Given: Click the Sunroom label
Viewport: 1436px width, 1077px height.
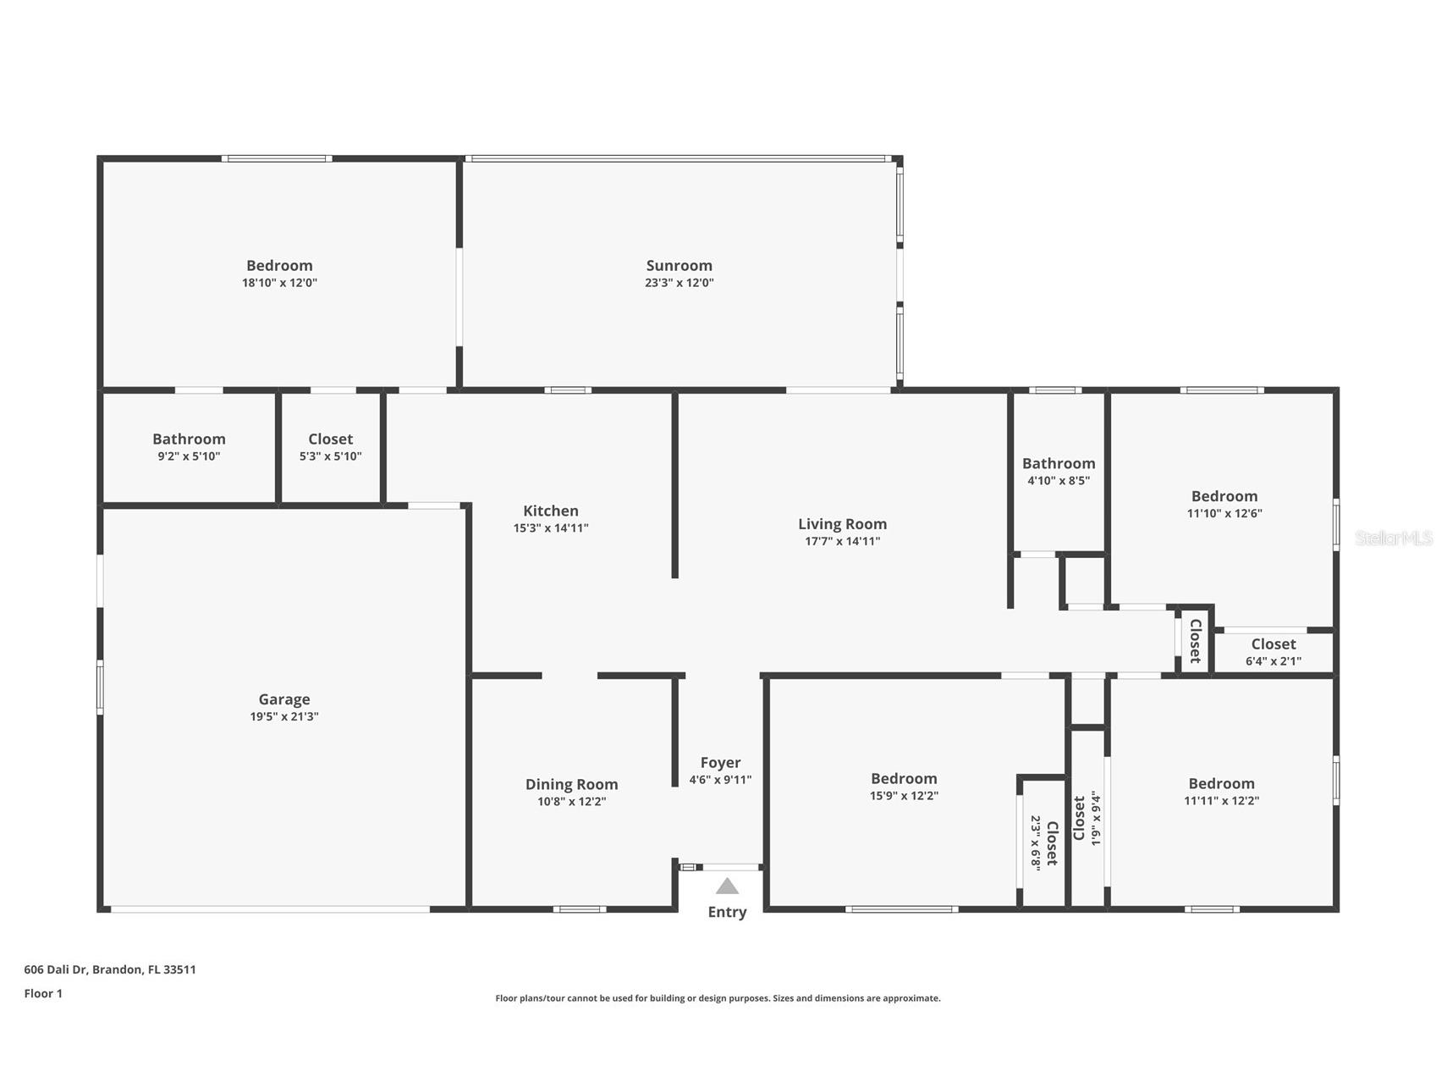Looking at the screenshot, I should click(x=679, y=266).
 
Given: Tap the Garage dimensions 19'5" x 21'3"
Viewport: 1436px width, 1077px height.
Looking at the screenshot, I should click(x=284, y=716).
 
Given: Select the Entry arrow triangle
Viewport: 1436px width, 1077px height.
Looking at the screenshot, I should click(x=727, y=886).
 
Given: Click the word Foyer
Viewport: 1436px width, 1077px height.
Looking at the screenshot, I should click(x=720, y=763).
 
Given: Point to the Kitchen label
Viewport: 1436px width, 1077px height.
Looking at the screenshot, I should click(x=551, y=511).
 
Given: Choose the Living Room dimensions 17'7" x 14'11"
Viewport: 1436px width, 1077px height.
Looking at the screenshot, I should click(x=842, y=541).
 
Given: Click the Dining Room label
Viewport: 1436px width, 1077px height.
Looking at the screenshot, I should click(x=571, y=784).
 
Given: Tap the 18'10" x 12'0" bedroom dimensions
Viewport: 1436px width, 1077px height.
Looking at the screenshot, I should click(x=279, y=283).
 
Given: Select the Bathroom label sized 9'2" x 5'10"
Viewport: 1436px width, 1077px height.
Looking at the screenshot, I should click(x=189, y=439).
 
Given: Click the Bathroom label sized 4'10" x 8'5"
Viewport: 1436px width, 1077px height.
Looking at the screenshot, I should click(x=1058, y=463).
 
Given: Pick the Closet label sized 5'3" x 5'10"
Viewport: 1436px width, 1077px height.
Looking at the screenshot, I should click(x=330, y=439).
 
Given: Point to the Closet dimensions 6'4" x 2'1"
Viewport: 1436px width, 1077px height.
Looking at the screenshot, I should click(x=1273, y=661).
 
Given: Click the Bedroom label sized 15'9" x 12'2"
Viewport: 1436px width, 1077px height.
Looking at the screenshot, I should click(x=904, y=778).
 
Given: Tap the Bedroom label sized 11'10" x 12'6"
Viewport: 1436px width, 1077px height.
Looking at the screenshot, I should click(x=1224, y=496).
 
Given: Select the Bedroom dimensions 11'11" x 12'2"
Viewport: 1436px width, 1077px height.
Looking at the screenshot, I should click(x=1221, y=800).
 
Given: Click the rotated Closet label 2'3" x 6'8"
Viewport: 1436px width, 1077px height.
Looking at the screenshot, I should click(x=1051, y=842).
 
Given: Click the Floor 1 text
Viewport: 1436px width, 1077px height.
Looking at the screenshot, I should click(x=43, y=993).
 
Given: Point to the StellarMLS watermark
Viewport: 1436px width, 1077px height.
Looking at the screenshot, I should click(x=1393, y=538).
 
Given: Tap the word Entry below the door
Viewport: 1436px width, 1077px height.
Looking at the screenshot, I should click(x=727, y=912).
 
